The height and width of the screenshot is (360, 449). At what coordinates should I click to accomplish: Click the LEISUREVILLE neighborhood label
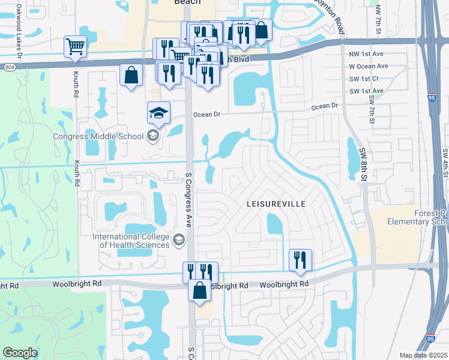tap(276, 204)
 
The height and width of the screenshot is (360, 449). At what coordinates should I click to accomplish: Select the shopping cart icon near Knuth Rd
tap(75, 46)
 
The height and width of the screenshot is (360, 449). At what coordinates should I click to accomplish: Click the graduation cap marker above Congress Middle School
tap(159, 112)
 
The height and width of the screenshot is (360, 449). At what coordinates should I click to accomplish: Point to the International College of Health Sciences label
tap(131, 240)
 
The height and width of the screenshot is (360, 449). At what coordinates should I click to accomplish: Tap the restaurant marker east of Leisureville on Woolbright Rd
tap(300, 260)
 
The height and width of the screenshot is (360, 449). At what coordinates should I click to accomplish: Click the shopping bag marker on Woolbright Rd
tap(199, 290)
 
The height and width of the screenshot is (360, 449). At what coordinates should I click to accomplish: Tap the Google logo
tap(20, 353)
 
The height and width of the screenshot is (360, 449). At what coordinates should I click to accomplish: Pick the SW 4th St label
tap(445, 162)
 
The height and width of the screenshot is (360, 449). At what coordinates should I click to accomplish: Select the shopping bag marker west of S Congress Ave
tap(131, 76)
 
